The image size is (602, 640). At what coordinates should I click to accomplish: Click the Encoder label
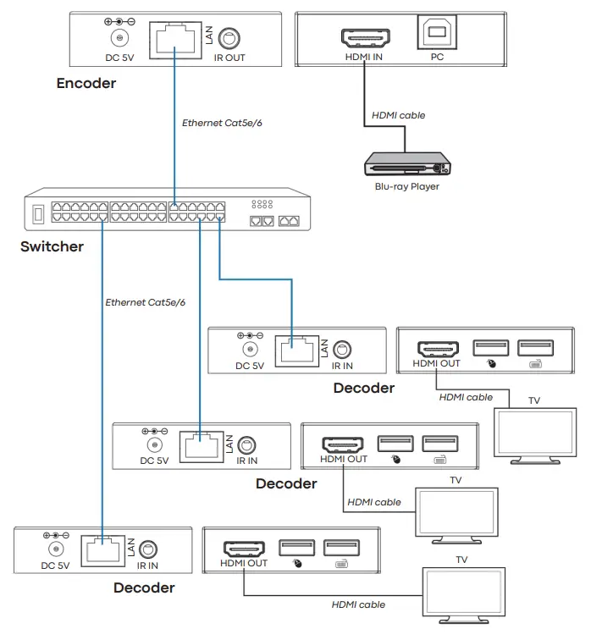pos(86,83)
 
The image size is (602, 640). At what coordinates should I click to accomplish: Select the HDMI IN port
pos(364,37)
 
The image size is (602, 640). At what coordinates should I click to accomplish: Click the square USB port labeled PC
pos(437,34)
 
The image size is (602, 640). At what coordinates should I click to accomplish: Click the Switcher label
pos(52,247)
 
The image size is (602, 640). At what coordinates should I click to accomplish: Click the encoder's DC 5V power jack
pos(119,37)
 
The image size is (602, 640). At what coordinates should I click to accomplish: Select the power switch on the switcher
pos(37,214)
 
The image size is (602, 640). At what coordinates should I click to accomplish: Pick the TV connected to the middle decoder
pos(456,510)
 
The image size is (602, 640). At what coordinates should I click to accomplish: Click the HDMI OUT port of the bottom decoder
pos(243,549)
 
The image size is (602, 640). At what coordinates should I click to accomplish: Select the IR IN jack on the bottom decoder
pos(148,549)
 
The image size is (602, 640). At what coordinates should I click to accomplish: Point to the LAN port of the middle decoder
pos(199,445)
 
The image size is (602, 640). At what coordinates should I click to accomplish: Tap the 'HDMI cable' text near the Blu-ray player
pos(398,115)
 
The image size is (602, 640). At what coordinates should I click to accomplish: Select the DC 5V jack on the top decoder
pos(250,349)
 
